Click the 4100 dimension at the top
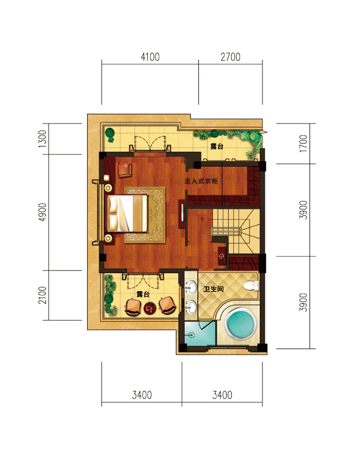point(150,57)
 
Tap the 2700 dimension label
point(230,57)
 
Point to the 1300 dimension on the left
point(43,139)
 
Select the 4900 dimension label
point(43,212)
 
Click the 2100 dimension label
point(43,295)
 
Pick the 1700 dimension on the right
point(303,143)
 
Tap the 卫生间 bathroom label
point(213,289)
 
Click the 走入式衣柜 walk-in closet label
point(201,181)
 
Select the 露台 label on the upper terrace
point(217,146)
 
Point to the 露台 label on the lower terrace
point(143,294)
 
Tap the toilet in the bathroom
point(251,285)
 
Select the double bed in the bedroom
point(127,213)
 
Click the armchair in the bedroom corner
point(124,169)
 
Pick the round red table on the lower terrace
point(150,308)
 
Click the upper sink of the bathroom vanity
point(191,288)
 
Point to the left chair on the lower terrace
point(133,307)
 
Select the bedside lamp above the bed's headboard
point(108,188)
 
